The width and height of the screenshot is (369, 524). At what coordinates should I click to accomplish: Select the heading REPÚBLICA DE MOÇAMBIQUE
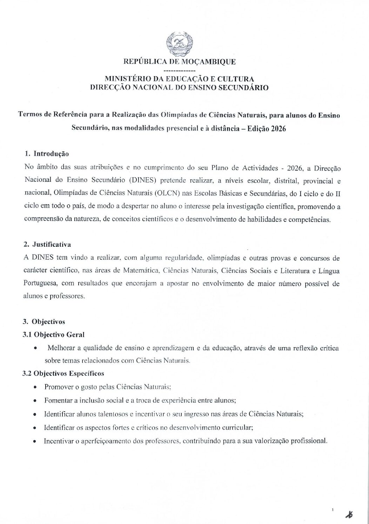point(179,62)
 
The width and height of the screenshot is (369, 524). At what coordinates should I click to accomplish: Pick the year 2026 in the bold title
point(278,128)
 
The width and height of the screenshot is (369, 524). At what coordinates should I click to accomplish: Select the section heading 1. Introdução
point(47,154)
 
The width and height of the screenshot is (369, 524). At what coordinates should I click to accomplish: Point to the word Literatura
point(301,271)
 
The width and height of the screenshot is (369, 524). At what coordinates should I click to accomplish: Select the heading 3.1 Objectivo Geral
point(54,334)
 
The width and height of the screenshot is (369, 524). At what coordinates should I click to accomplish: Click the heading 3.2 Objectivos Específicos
point(63,373)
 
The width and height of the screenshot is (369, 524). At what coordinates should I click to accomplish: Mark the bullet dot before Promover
point(35,387)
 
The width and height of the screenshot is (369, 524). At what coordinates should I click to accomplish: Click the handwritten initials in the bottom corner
point(349,515)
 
